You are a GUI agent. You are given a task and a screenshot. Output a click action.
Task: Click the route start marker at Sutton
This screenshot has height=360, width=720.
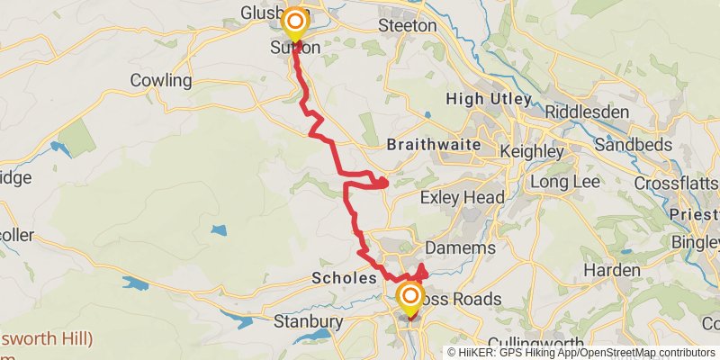tap(294, 22)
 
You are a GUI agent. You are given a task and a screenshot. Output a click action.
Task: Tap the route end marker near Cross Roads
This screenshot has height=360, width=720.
tap(410, 298)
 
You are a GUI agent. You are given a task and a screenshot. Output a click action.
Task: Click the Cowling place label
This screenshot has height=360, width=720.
tap(161, 81)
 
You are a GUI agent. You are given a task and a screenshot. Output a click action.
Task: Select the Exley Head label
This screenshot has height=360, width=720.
tap(464, 197)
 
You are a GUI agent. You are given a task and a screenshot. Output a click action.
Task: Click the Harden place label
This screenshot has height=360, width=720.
tap(611, 270)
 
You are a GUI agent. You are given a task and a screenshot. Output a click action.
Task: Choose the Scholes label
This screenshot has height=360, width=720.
tap(343, 278)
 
